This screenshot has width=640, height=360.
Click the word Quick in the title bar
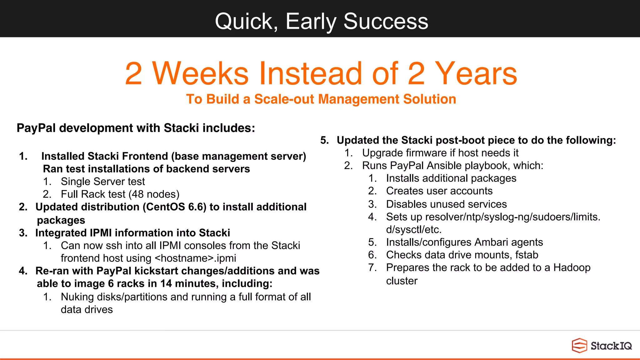tap(244, 21)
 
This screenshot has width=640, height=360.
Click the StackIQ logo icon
tap(579, 346)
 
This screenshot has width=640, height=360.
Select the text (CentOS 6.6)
tap(174, 207)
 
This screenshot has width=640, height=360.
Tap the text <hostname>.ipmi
tap(195, 258)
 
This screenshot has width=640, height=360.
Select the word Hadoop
tap(572, 268)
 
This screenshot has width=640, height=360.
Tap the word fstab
tap(527, 255)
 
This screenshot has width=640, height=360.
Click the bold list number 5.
tap(324, 140)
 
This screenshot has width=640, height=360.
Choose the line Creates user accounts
tap(439, 191)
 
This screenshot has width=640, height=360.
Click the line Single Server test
tap(103, 182)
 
